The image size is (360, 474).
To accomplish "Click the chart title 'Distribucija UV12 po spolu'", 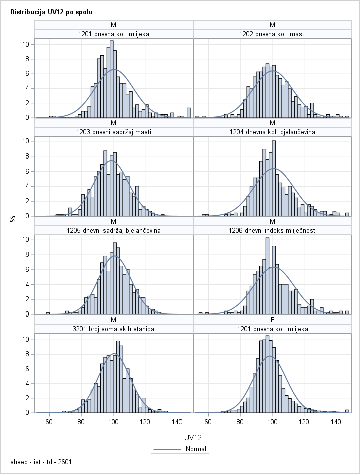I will tap(44, 11).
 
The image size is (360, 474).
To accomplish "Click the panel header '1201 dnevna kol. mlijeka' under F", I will tap(272, 329).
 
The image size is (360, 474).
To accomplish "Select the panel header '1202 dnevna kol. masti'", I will tap(272, 34).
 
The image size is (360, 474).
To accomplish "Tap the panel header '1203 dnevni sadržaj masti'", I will tap(114, 132).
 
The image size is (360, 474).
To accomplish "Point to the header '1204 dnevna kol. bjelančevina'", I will tap(272, 132).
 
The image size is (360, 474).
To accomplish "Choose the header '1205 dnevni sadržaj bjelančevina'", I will tap(114, 230).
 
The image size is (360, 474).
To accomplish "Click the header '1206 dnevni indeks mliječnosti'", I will tap(272, 230).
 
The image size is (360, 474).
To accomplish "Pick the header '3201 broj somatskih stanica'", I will tap(114, 329).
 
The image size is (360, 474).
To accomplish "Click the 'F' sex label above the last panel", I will tap(272, 320).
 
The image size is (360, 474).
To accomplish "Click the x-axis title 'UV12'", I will tap(193, 438).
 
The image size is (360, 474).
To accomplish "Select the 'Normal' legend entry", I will tap(180, 449).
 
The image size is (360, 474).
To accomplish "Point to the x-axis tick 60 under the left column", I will tap(49, 422).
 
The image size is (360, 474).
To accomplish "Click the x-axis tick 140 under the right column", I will tap(337, 422).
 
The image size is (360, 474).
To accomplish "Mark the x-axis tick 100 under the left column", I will tap(114, 422).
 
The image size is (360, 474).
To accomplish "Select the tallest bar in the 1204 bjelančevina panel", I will tap(273, 179).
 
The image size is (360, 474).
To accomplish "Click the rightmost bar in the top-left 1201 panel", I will tap(189, 113).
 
